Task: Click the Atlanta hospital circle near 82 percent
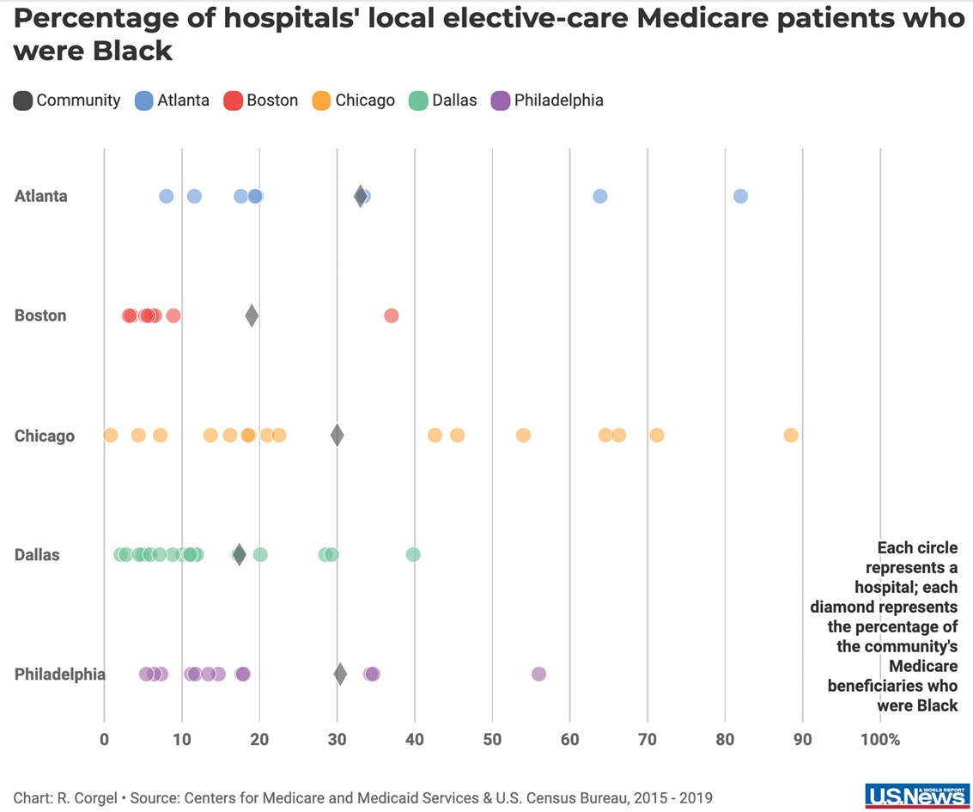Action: tap(740, 196)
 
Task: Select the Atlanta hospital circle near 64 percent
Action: tap(600, 196)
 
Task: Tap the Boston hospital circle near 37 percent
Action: tap(392, 315)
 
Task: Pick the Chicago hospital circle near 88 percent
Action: tap(791, 435)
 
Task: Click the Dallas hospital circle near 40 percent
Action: tap(413, 554)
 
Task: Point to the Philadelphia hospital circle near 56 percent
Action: tap(538, 674)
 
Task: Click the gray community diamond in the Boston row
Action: tap(252, 315)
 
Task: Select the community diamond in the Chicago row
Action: tap(338, 435)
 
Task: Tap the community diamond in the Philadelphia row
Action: tap(340, 674)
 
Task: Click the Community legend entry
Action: tap(67, 101)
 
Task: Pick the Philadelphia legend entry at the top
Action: tap(547, 101)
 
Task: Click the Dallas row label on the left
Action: tap(37, 554)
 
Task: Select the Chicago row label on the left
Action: tap(44, 436)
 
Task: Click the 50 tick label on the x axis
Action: tap(492, 739)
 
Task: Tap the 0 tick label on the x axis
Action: tap(104, 739)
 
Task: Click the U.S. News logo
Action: tap(916, 796)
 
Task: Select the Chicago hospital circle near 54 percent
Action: tap(523, 435)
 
